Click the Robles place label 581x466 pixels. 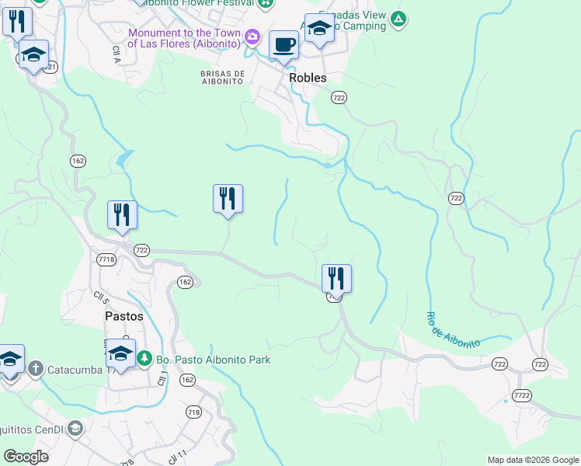307,78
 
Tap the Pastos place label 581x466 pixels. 124,316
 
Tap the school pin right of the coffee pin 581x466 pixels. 319,30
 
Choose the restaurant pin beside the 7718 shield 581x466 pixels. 122,214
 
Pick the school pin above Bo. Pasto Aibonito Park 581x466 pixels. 120,353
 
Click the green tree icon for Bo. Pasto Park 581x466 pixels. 144,360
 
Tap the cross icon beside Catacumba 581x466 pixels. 35,368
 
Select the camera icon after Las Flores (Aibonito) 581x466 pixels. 252,37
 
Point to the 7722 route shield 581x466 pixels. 521,395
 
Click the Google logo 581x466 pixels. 26,457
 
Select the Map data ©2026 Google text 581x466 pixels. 533,460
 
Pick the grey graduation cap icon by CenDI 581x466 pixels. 75,428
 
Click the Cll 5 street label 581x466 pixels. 99,297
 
